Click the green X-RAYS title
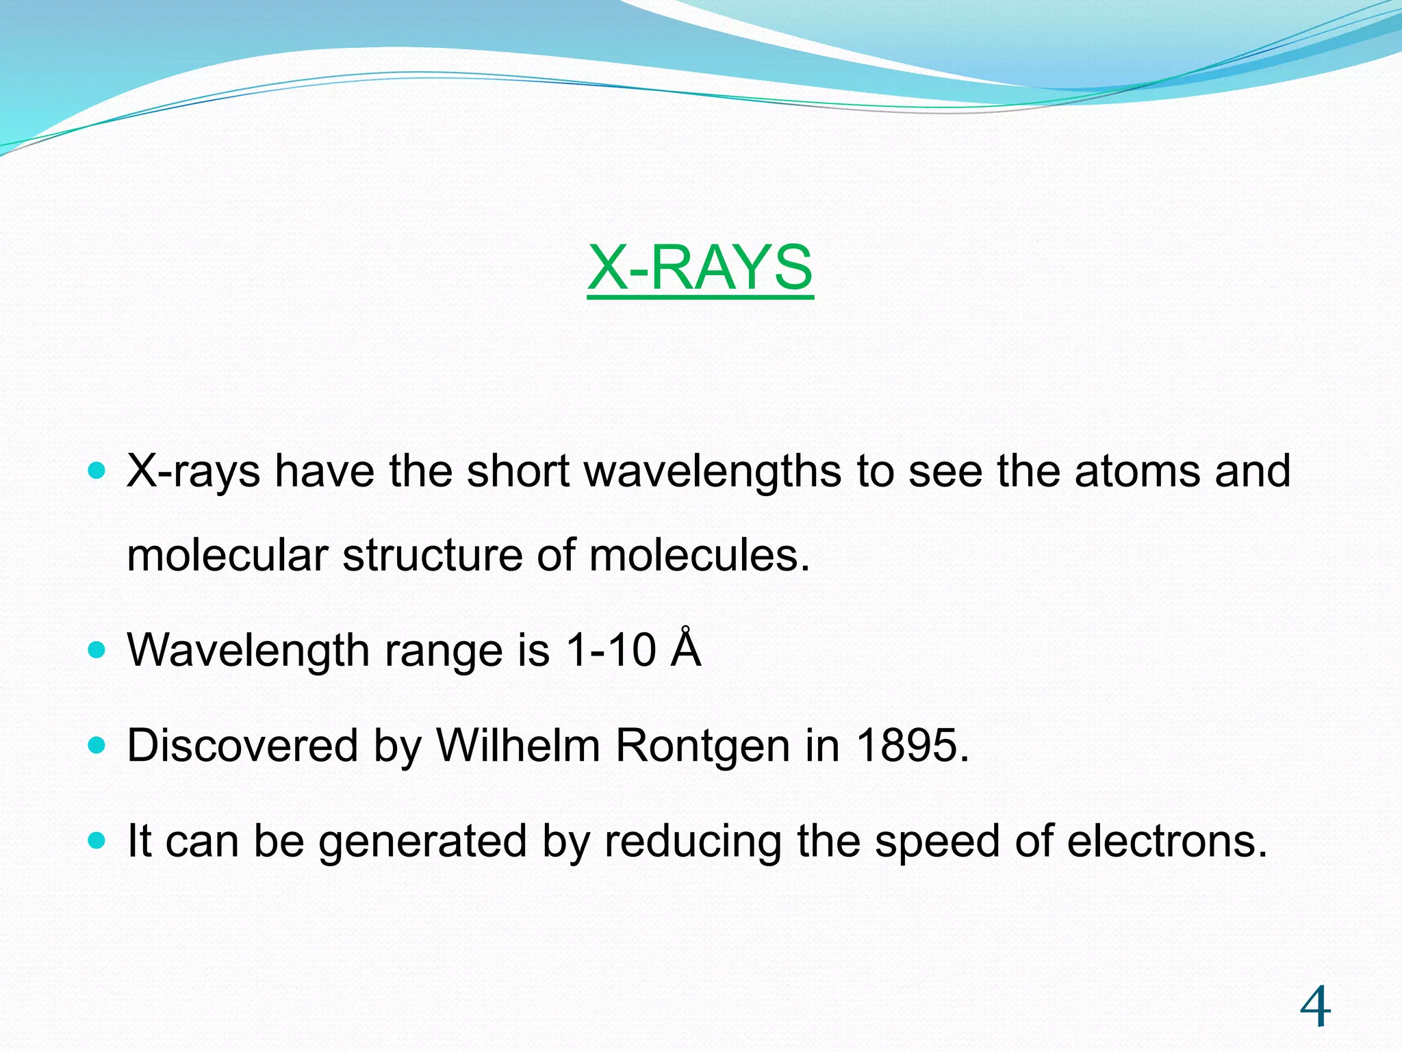coord(700,268)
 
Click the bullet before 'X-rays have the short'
coord(97,471)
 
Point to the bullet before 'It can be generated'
coord(97,840)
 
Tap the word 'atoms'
coord(1137,472)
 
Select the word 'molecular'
coord(227,555)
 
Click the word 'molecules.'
coord(699,555)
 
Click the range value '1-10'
coord(611,650)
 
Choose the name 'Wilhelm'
coord(518,745)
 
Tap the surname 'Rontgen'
coord(703,747)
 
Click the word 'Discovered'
coord(242,745)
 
